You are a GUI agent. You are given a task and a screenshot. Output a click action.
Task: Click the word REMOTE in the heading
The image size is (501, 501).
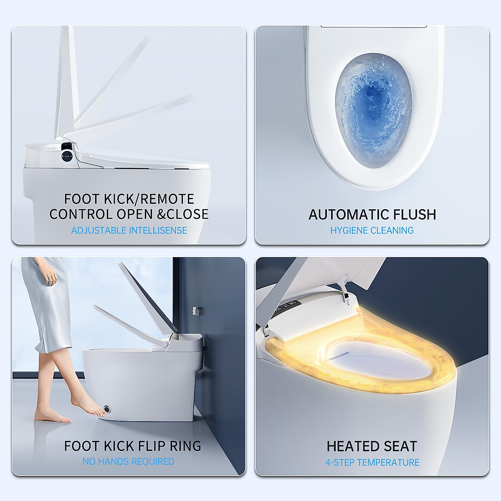click(x=167, y=199)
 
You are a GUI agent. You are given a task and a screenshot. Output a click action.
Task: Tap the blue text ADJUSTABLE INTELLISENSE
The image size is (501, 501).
click(x=129, y=230)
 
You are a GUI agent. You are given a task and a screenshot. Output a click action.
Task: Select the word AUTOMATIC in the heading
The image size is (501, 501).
click(x=342, y=215)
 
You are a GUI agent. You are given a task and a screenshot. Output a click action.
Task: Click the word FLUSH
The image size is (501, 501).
click(x=410, y=215)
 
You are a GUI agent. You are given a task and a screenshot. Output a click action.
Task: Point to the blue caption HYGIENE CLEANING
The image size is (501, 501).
click(x=372, y=230)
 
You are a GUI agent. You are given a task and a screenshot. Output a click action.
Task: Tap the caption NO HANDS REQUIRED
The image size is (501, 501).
click(x=129, y=462)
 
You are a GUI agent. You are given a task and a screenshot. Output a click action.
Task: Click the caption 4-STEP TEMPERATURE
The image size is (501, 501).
click(x=372, y=463)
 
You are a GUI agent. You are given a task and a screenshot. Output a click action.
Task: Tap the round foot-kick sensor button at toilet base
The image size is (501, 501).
click(x=109, y=409)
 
